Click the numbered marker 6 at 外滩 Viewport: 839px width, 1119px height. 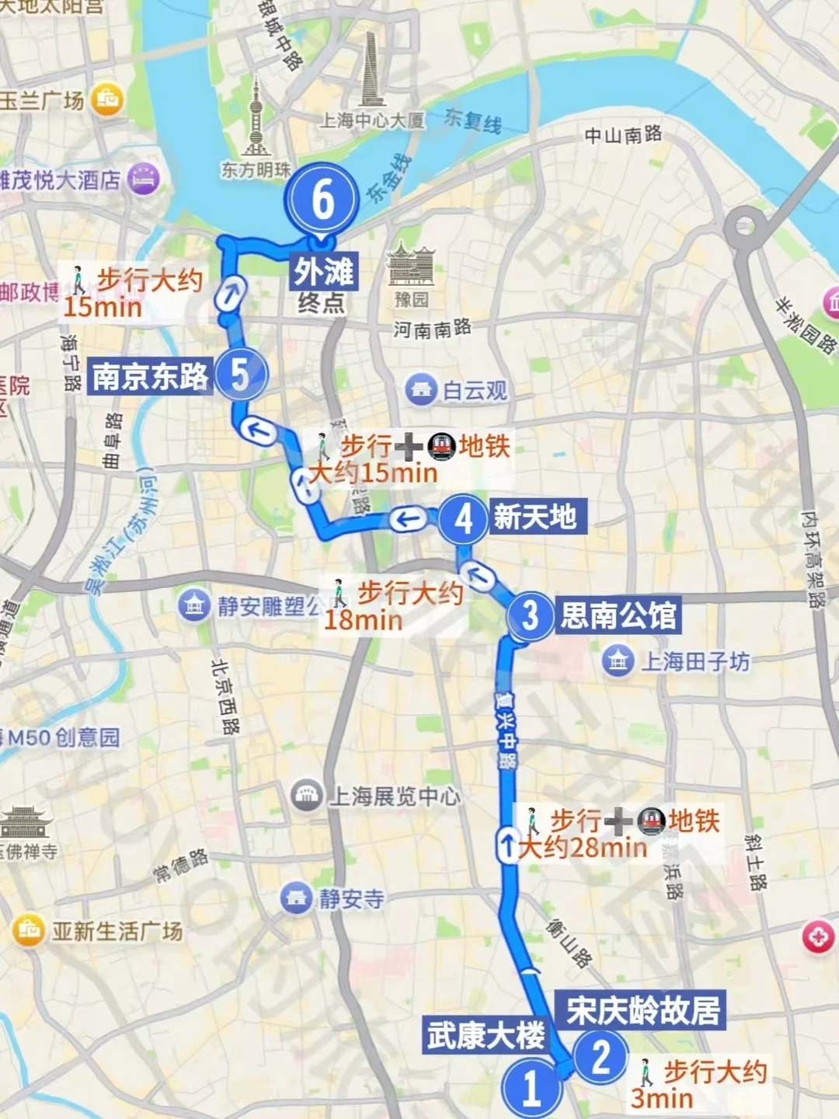[x=322, y=199]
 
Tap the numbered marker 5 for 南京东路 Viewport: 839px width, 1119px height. [x=242, y=375]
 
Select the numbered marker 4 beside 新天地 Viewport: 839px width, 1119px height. [x=464, y=519]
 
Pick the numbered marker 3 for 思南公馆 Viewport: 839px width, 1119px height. [x=531, y=616]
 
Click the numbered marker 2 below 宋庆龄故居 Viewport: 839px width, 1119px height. [x=601, y=1057]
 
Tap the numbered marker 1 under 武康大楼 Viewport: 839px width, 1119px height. [x=531, y=1087]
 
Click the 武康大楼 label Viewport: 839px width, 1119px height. [x=486, y=1036]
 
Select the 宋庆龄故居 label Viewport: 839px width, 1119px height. [x=642, y=1010]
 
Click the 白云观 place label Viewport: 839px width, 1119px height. [x=474, y=390]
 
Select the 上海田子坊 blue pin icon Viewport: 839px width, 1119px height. [x=618, y=661]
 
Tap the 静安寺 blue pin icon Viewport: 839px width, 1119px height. [x=297, y=898]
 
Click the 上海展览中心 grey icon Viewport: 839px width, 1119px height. [x=307, y=795]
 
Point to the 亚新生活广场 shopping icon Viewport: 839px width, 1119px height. [x=29, y=930]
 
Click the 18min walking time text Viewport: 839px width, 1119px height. [x=363, y=620]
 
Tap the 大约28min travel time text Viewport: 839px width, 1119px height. [x=583, y=847]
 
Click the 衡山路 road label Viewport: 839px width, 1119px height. [x=569, y=942]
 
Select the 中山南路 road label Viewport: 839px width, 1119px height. [x=623, y=135]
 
